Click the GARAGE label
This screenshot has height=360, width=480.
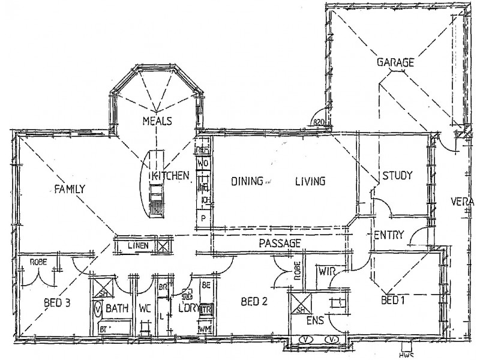(395, 62)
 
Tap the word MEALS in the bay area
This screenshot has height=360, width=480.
(157, 121)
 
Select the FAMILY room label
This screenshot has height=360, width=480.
(70, 188)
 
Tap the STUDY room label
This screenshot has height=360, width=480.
(397, 176)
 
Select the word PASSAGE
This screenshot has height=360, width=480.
(279, 244)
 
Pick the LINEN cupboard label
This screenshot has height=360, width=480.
(138, 245)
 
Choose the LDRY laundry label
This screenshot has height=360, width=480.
(188, 308)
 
